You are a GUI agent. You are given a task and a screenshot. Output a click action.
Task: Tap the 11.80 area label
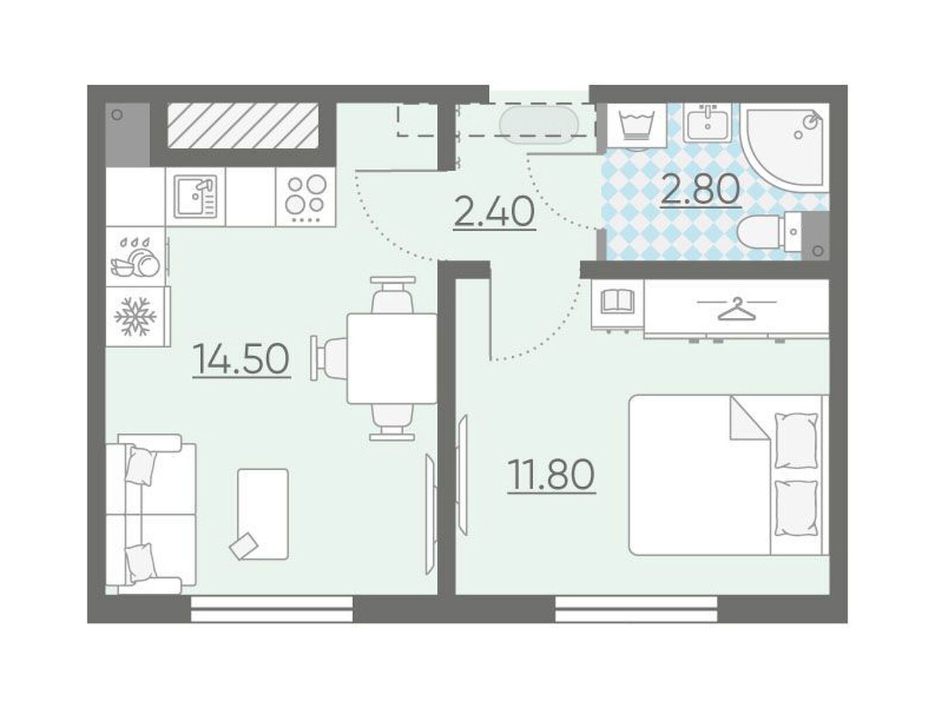point(551,475)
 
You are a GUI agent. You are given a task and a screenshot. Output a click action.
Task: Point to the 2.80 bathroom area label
point(701,189)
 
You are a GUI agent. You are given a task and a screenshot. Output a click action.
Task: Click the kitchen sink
point(195,196)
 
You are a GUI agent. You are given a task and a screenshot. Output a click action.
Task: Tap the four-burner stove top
point(305,196)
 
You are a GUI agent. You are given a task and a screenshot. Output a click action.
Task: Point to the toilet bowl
point(770,232)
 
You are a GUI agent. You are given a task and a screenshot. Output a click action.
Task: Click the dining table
point(392,358)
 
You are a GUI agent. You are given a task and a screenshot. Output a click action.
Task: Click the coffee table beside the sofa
point(263,513)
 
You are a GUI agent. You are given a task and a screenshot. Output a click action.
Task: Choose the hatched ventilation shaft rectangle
point(243,126)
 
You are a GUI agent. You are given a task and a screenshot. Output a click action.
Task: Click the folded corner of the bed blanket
point(749,418)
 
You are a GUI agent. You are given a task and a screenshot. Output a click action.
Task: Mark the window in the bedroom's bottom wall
point(636,608)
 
